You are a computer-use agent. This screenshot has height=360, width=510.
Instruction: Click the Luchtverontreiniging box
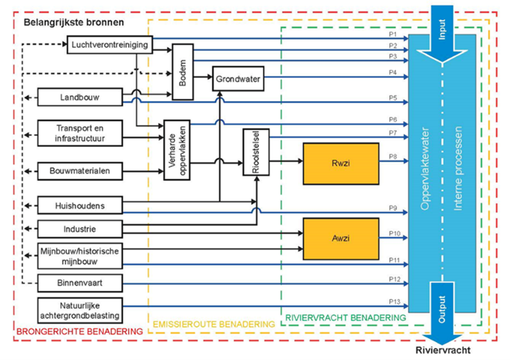point(110,45)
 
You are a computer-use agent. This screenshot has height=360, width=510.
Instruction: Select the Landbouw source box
point(80,97)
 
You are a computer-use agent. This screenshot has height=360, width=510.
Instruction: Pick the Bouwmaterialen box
point(80,171)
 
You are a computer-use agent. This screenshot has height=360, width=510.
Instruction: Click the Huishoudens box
point(80,205)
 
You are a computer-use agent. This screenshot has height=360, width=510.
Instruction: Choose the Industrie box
point(80,229)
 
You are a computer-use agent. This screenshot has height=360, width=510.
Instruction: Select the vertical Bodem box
point(183,72)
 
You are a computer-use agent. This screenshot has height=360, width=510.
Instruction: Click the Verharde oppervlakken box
point(177,150)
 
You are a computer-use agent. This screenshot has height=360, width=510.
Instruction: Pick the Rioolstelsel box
point(256,152)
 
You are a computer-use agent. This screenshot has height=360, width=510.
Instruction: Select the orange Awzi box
point(341,238)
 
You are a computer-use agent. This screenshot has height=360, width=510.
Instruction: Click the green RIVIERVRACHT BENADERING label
point(345,318)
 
